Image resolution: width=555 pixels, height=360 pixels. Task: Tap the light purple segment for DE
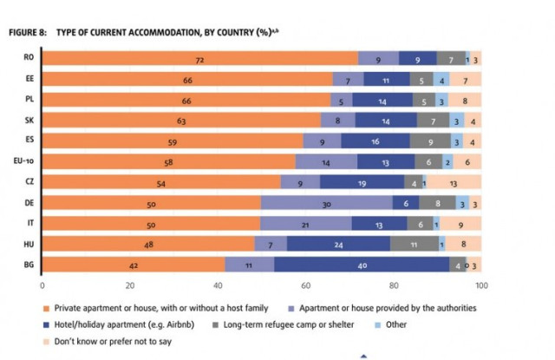click(x=326, y=203)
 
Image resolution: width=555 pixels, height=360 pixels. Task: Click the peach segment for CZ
click(x=454, y=182)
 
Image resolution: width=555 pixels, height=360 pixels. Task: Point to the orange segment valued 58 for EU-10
click(x=168, y=161)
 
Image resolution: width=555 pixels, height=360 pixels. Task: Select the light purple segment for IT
click(x=306, y=223)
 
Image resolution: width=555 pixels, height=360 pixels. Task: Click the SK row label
click(x=29, y=121)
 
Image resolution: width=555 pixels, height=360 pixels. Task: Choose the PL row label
click(x=29, y=100)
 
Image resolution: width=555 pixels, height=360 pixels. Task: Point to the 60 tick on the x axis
click(x=305, y=285)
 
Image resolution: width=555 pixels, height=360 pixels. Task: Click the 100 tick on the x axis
click(x=481, y=285)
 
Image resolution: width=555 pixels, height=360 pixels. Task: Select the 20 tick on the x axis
click(x=129, y=285)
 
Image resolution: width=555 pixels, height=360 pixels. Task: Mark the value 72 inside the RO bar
click(x=199, y=59)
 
